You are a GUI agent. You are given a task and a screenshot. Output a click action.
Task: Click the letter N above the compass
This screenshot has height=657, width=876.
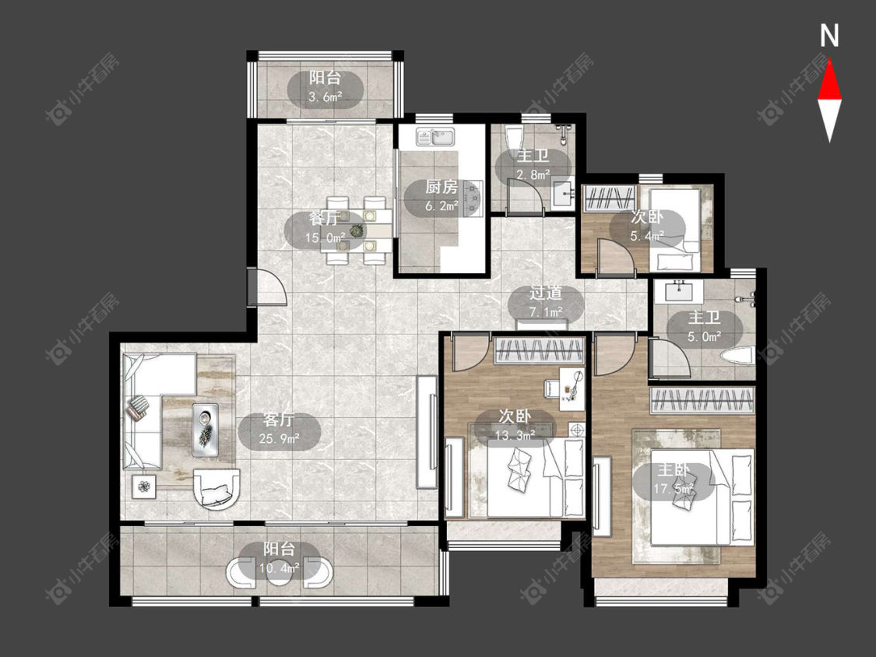(x=829, y=36)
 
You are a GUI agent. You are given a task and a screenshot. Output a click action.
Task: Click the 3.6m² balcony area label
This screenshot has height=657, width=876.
(x=325, y=97)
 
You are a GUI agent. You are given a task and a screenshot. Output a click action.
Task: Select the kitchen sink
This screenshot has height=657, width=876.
(x=435, y=136)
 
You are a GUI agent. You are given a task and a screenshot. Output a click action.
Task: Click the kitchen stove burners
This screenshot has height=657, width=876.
(x=473, y=198)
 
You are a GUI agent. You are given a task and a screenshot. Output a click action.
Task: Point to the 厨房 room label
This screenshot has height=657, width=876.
(x=442, y=187)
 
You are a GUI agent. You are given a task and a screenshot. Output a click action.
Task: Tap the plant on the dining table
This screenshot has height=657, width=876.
(x=356, y=230)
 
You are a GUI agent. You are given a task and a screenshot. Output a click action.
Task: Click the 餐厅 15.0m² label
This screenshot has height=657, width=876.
(x=325, y=229)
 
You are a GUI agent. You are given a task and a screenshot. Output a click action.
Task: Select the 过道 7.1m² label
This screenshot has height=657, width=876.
(x=546, y=302)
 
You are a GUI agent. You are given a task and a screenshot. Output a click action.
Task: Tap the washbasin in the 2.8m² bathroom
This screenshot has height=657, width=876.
(x=562, y=194)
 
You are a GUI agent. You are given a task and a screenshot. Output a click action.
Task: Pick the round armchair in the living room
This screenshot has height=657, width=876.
(x=216, y=489)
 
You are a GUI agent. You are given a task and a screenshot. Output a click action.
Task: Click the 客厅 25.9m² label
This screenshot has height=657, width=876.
(x=280, y=428)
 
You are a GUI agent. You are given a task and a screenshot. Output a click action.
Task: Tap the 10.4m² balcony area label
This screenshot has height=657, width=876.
(x=280, y=568)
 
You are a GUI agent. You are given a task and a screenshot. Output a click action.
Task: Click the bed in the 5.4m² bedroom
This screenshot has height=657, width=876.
(x=675, y=230)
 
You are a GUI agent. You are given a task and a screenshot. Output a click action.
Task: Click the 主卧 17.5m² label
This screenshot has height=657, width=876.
(x=674, y=480)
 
